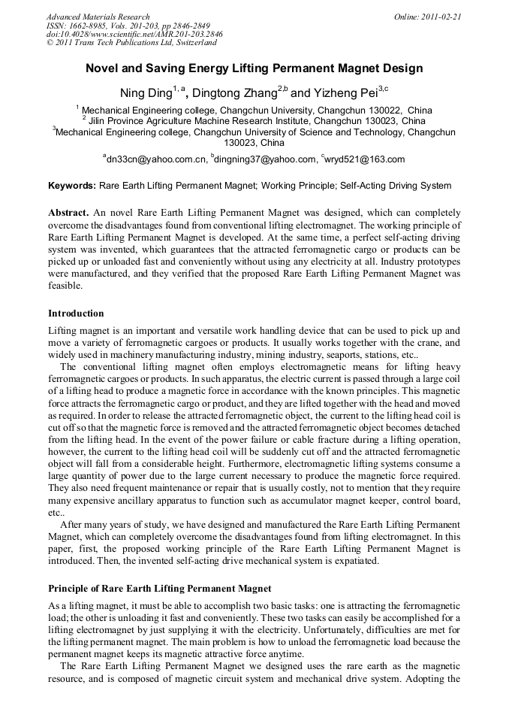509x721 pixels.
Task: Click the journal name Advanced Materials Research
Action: pyautogui.click(x=98, y=17)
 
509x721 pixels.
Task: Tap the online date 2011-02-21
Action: pyautogui.click(x=438, y=17)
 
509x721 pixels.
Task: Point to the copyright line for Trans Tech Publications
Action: pyautogui.click(x=131, y=43)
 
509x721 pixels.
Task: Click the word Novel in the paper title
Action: pyautogui.click(x=103, y=68)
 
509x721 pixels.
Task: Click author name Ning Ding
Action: pyautogui.click(x=146, y=93)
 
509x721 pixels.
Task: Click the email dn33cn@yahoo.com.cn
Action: pyautogui.click(x=157, y=159)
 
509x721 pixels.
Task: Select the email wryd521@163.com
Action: pyautogui.click(x=366, y=159)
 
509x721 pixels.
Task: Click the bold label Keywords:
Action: pyautogui.click(x=72, y=186)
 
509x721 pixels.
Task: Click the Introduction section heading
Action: pyautogui.click(x=76, y=313)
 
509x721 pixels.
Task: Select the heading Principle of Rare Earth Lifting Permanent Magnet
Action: pyautogui.click(x=159, y=587)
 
